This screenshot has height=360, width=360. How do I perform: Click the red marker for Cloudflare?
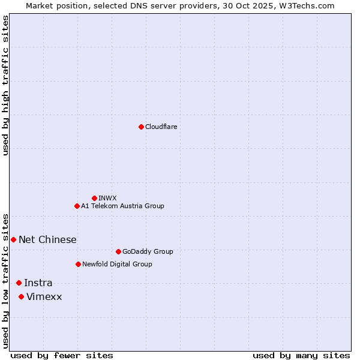[x=141, y=127]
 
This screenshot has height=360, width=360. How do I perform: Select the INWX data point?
[x=94, y=198]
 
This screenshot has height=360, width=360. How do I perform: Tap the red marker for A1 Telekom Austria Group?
[x=77, y=206]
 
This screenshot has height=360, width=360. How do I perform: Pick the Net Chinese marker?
[x=13, y=239]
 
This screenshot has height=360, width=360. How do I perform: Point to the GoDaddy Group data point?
[x=118, y=251]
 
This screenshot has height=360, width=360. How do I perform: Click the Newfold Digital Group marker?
[x=78, y=264]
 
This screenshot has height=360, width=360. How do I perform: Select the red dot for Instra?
[x=19, y=283]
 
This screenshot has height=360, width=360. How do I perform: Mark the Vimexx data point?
[x=21, y=296]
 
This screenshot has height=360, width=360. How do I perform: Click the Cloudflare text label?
[x=161, y=127]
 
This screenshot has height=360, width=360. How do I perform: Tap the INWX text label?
[x=107, y=198]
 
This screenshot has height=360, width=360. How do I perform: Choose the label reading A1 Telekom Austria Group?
[x=122, y=206]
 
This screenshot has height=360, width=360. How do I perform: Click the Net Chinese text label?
[x=47, y=239]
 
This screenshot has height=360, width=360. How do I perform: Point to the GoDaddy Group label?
[x=147, y=251]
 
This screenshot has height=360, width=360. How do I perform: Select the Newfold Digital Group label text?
[x=117, y=264]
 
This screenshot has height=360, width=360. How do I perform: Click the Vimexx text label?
[x=44, y=296]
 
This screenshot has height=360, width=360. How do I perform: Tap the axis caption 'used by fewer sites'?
[x=62, y=355]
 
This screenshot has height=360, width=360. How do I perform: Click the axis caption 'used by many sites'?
[x=301, y=355]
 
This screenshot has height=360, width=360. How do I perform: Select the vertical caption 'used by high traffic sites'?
[x=6, y=85]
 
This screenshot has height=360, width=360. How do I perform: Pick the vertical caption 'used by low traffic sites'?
[x=6, y=280]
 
